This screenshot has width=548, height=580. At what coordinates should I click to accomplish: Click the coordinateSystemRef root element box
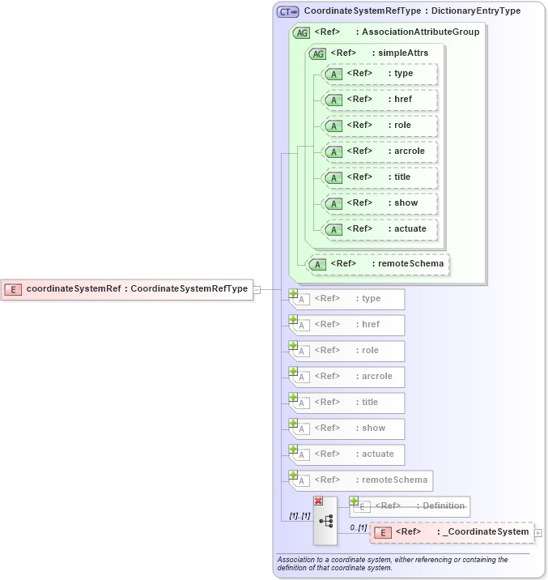(127, 289)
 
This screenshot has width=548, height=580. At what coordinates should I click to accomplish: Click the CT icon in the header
(287, 12)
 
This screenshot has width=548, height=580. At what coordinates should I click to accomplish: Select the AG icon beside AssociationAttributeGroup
(301, 32)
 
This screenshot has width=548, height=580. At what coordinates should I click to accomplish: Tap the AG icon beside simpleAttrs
(317, 53)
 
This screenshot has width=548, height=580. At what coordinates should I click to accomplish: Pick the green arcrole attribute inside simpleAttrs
(380, 151)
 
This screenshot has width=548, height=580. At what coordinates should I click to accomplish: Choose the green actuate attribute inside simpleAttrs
(380, 228)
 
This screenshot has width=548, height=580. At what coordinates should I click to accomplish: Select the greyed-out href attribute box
(347, 325)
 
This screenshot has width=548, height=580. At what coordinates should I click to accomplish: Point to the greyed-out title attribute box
(347, 403)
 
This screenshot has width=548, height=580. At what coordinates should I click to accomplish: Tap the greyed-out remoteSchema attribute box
(361, 480)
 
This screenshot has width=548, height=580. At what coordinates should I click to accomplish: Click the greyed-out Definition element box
(410, 506)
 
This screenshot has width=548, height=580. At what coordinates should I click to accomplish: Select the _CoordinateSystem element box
(452, 532)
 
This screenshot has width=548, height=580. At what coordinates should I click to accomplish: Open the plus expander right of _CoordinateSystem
(538, 533)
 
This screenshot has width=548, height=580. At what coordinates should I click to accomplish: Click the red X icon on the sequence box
(318, 501)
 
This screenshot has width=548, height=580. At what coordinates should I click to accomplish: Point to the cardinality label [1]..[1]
(299, 516)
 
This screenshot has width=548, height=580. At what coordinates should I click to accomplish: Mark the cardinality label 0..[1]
(358, 528)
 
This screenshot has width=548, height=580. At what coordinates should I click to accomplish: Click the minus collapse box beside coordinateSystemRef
(257, 289)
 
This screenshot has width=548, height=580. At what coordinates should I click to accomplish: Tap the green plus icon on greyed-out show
(294, 423)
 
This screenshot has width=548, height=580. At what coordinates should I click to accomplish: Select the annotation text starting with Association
(393, 563)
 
